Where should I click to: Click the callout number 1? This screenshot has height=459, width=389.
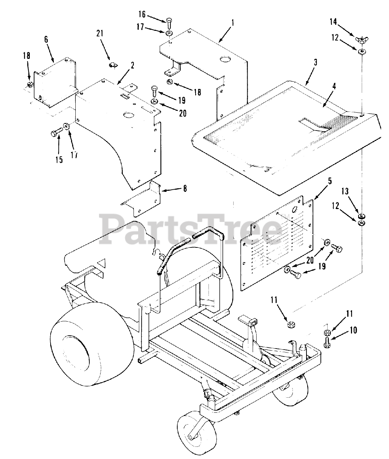[233, 23]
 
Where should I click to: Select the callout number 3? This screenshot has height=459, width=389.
[315, 62]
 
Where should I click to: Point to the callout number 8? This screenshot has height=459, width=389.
[185, 189]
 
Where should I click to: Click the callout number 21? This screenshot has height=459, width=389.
[99, 33]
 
